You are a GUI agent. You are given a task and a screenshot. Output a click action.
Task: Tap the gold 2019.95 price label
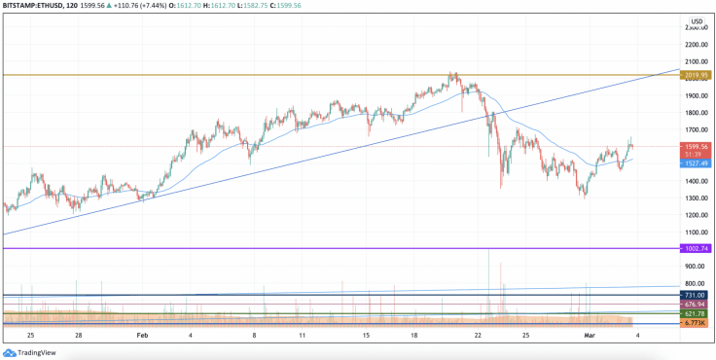(x=696, y=74)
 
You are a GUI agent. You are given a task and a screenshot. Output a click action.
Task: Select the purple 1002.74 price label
(x=696, y=249)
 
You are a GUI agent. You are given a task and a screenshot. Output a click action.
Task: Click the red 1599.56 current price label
(x=696, y=146)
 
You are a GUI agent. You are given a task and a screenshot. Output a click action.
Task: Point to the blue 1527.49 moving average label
(x=696, y=164)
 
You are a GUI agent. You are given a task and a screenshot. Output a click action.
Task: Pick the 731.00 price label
(x=696, y=294)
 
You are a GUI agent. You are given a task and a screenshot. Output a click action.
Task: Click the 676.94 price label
(x=696, y=305)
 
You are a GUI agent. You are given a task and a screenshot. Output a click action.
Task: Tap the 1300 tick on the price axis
(x=696, y=198)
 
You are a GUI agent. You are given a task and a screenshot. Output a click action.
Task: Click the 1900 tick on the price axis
(x=696, y=96)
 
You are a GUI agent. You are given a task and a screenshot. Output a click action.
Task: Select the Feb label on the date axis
(x=142, y=335)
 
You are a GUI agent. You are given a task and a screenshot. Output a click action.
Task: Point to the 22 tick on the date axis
(x=478, y=335)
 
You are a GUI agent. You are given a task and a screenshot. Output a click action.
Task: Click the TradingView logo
(x=29, y=351)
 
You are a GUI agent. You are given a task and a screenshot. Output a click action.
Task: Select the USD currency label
(x=697, y=21)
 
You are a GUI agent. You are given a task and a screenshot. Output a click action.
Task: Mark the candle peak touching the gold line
(x=451, y=73)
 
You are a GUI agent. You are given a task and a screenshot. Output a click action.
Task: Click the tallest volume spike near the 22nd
(x=488, y=282)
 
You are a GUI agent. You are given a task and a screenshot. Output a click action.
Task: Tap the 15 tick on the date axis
(x=366, y=335)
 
